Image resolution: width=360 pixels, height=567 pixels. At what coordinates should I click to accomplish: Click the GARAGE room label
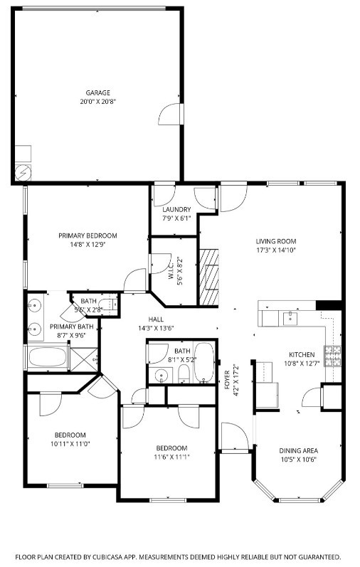coord(98,92)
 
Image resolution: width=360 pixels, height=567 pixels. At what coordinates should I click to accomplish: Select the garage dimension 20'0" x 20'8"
coord(98,102)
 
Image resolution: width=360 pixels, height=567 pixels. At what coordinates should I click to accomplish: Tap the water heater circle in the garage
coord(23,171)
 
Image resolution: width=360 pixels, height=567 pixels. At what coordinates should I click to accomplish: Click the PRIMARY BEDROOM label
coord(88,235)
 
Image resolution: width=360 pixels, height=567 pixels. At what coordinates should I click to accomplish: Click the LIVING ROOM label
coord(275,241)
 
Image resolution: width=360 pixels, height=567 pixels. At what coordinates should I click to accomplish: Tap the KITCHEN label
coord(301,354)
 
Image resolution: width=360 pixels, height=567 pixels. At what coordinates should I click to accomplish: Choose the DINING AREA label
coord(298,450)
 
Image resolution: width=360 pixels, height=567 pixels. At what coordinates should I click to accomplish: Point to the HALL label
coord(156,319)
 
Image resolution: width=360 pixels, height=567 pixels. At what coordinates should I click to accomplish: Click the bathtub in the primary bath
coord(47,356)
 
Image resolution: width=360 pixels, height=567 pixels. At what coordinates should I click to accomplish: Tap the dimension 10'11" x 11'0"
coord(70,444)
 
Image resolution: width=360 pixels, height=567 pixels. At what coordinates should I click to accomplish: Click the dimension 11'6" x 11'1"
coord(171,457)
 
